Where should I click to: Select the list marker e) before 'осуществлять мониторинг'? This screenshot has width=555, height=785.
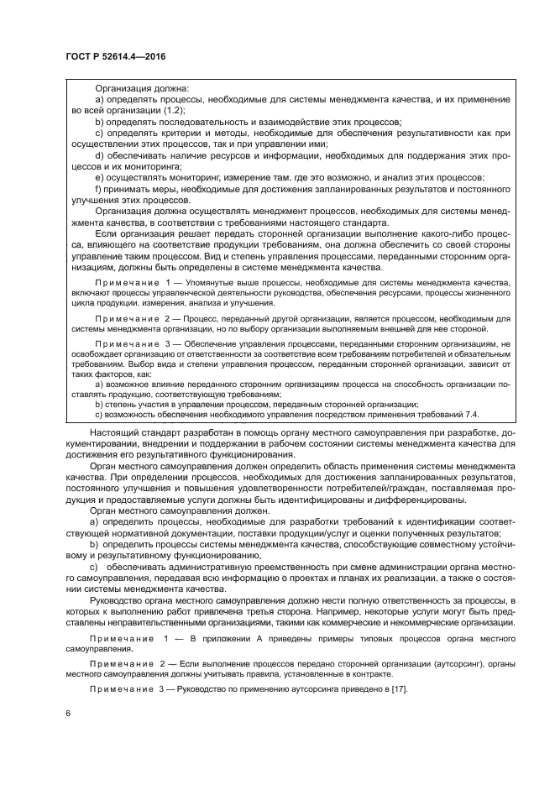(99, 178)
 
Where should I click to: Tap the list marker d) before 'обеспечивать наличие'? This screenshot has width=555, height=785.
(99, 155)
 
